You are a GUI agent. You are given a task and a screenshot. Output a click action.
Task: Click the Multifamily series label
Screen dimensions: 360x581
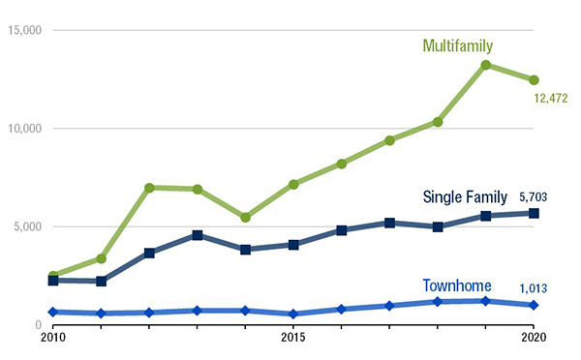tap(458, 45)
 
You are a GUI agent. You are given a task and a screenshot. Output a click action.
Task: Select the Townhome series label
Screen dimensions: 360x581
tap(456, 285)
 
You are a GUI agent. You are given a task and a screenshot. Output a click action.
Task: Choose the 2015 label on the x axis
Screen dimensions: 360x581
tap(292, 339)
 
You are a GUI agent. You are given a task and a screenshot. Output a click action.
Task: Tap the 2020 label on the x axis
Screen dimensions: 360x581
tap(532, 339)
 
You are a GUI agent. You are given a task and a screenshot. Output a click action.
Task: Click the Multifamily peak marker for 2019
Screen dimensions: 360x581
tap(485, 66)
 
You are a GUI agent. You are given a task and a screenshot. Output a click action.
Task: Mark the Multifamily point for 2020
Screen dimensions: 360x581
tap(533, 80)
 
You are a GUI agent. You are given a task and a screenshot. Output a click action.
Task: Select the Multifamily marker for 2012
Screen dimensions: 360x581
tap(149, 188)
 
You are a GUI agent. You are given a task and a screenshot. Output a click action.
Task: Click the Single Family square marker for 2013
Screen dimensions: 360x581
tap(198, 235)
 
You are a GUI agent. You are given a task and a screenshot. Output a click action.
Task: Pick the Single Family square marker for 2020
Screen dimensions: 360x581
tap(533, 213)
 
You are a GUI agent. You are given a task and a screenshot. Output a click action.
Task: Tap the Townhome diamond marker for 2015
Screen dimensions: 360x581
tap(293, 315)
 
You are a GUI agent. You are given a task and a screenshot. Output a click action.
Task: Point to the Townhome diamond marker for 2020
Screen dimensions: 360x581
tap(533, 305)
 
